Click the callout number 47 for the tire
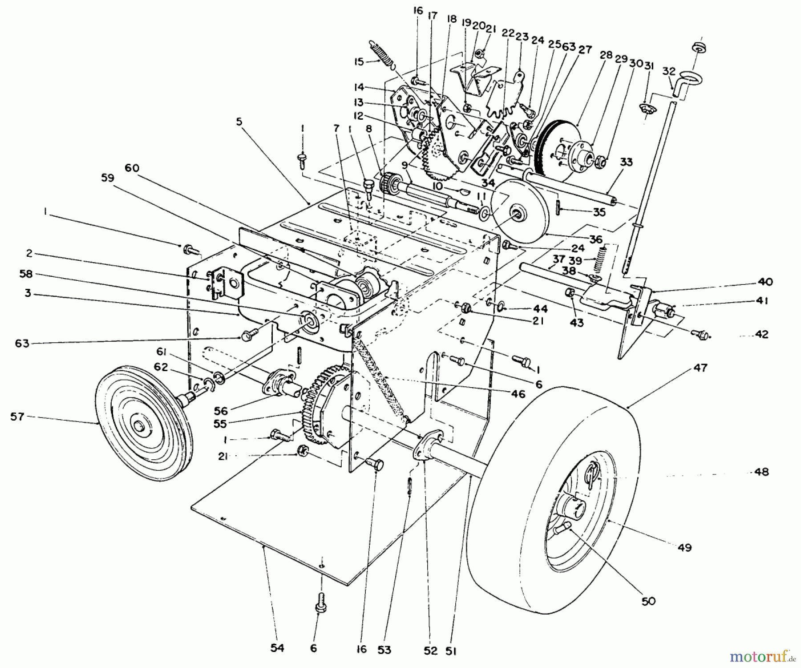(x=700, y=368)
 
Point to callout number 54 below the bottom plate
(x=277, y=648)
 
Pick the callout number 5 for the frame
(x=239, y=122)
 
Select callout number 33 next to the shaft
(x=626, y=163)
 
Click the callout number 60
(x=132, y=168)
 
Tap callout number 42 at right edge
(x=762, y=335)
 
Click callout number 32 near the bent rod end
(x=669, y=71)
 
